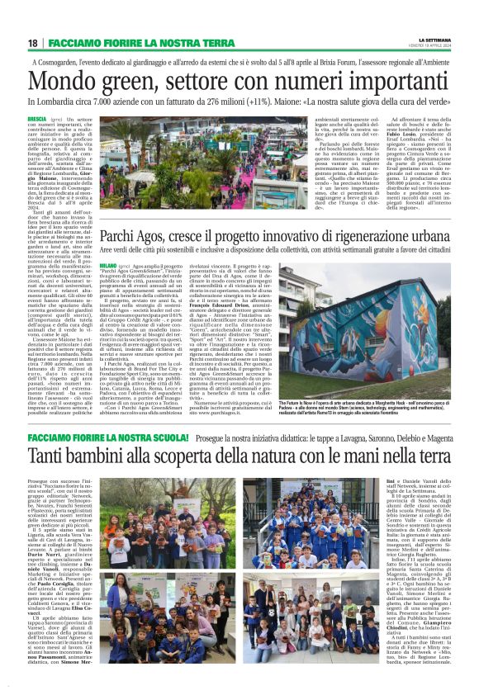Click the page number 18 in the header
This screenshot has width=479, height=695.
click(x=32, y=42)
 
